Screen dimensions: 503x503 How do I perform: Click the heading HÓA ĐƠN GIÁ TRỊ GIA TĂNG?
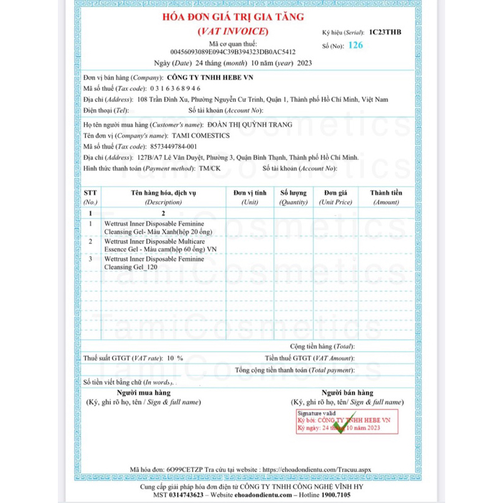point(233,18)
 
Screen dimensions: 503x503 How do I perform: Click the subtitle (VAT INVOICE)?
point(233,31)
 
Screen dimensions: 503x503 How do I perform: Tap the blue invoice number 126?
point(355,45)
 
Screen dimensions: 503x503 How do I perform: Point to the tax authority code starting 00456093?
point(233,52)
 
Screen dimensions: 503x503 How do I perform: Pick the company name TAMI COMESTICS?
point(201,136)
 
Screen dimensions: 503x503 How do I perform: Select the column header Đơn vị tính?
point(250,192)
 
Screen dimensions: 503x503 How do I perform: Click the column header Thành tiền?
point(386,192)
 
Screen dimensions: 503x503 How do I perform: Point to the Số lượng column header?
point(294,192)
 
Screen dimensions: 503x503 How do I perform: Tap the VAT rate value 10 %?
point(175,358)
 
